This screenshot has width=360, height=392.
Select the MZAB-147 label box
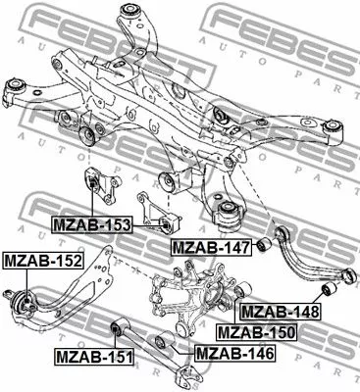coord(207,245)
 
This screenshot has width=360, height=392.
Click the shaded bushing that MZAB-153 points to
coord(99,186)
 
